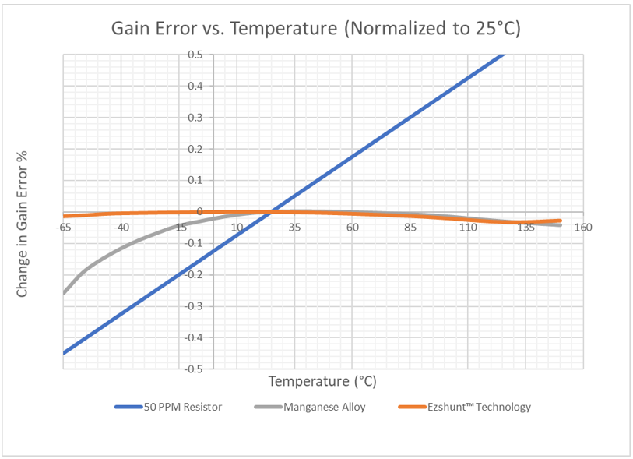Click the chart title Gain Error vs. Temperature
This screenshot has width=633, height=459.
click(315, 29)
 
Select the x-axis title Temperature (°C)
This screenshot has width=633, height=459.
click(322, 381)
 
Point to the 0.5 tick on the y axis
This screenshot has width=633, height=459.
click(195, 55)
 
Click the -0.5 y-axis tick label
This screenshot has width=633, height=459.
click(193, 369)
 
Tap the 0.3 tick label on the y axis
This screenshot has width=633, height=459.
click(195, 118)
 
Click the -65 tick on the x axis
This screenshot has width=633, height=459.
click(63, 228)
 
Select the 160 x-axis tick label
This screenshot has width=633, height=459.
click(583, 228)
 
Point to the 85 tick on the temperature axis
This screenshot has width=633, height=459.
click(410, 228)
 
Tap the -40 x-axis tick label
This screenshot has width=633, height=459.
click(121, 228)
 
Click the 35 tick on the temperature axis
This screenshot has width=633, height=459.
click(294, 228)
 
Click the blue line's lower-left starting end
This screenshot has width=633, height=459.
click(64, 352)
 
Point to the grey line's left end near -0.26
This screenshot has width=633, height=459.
click(64, 293)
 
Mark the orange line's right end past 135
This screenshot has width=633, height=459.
click(560, 221)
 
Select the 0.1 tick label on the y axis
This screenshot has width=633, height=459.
click(195, 180)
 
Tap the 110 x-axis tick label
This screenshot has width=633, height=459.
click(468, 228)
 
